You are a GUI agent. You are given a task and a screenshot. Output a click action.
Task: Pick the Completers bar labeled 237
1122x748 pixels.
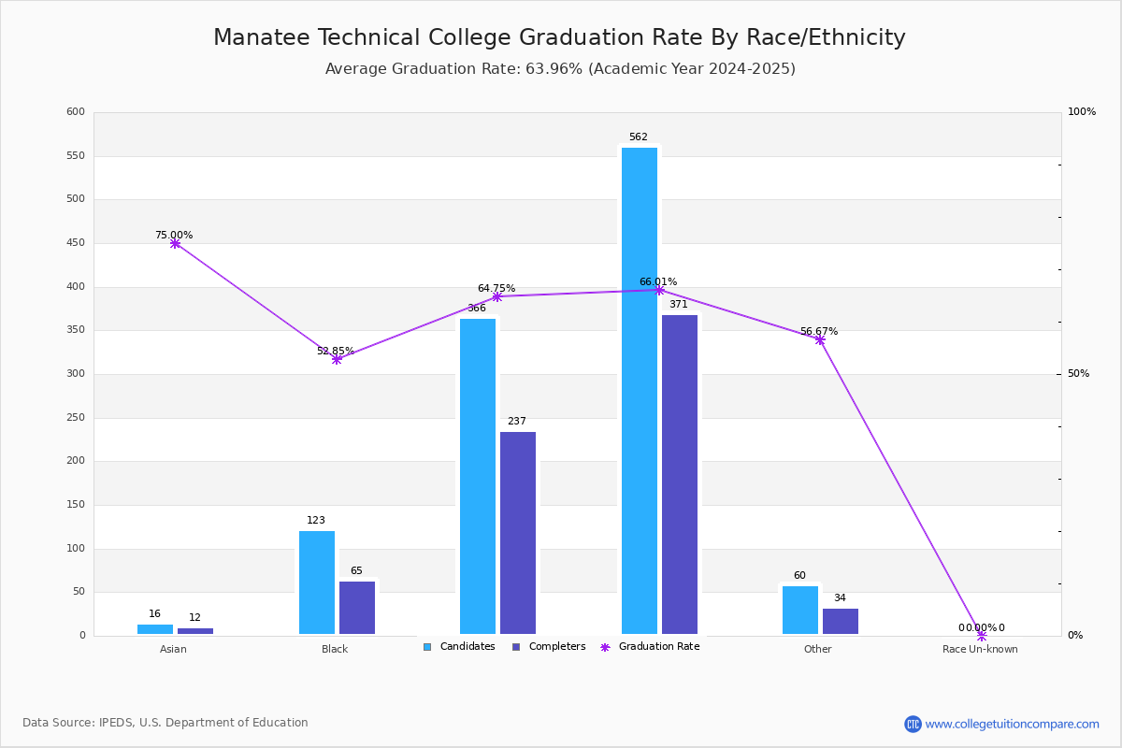[x=518, y=533]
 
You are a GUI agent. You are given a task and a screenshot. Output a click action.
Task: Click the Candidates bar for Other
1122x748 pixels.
[x=800, y=610]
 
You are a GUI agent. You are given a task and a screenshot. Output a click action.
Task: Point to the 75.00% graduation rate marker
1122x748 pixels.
[x=175, y=243]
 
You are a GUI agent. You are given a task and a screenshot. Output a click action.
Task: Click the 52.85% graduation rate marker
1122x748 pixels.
[x=337, y=359]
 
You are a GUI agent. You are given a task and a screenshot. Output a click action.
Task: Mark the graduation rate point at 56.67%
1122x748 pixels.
[x=820, y=339]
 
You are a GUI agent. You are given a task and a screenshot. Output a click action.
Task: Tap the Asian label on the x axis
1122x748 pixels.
[x=173, y=649]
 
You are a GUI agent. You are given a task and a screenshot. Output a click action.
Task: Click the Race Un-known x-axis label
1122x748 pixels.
[x=980, y=649]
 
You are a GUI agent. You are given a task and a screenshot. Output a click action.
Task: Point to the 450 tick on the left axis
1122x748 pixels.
[x=76, y=243]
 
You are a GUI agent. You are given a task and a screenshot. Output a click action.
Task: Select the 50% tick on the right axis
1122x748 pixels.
[x=1078, y=374]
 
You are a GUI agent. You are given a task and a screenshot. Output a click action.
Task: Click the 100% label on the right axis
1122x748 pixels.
[x=1082, y=112]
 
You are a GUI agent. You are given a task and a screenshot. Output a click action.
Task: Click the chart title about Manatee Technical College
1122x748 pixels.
[x=559, y=37]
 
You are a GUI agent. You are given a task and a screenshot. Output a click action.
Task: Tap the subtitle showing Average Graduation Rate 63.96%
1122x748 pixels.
[x=560, y=69]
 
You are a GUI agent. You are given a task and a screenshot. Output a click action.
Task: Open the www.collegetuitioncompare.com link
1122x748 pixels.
[x=1012, y=724]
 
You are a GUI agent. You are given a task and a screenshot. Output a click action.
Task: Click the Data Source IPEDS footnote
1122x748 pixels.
[x=165, y=723]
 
